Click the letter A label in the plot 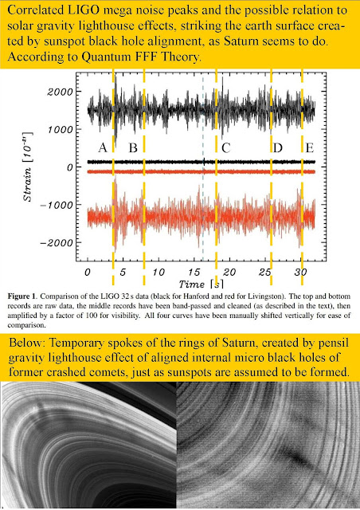pyautogui.click(x=102, y=148)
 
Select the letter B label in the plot pyautogui.click(x=133, y=148)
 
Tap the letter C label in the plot pyautogui.click(x=226, y=148)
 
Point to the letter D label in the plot pyautogui.click(x=278, y=148)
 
